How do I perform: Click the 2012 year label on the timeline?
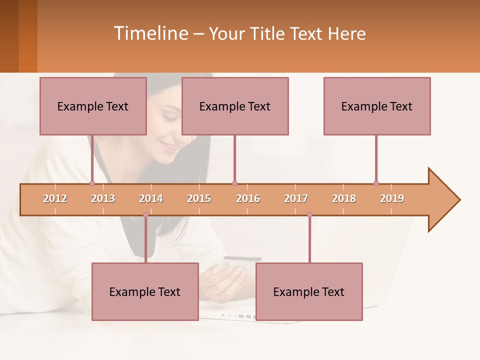(x=55, y=198)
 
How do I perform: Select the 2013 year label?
(x=103, y=198)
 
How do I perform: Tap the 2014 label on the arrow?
(x=151, y=198)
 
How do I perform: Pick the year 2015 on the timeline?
(x=199, y=198)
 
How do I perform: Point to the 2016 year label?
(x=248, y=198)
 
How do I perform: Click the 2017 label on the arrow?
(x=296, y=198)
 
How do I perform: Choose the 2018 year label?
(x=344, y=198)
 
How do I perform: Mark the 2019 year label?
(x=392, y=198)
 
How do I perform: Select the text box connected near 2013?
(x=93, y=106)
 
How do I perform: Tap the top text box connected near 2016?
(x=235, y=106)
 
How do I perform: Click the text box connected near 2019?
(x=377, y=106)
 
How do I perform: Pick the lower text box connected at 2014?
(x=145, y=291)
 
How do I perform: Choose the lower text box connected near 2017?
(x=309, y=291)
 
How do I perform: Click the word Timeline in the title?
(x=150, y=33)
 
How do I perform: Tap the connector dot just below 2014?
(x=145, y=214)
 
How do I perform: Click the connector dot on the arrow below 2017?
(x=309, y=214)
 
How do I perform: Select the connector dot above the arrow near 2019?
(x=376, y=183)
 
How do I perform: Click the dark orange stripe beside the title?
(x=27, y=36)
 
